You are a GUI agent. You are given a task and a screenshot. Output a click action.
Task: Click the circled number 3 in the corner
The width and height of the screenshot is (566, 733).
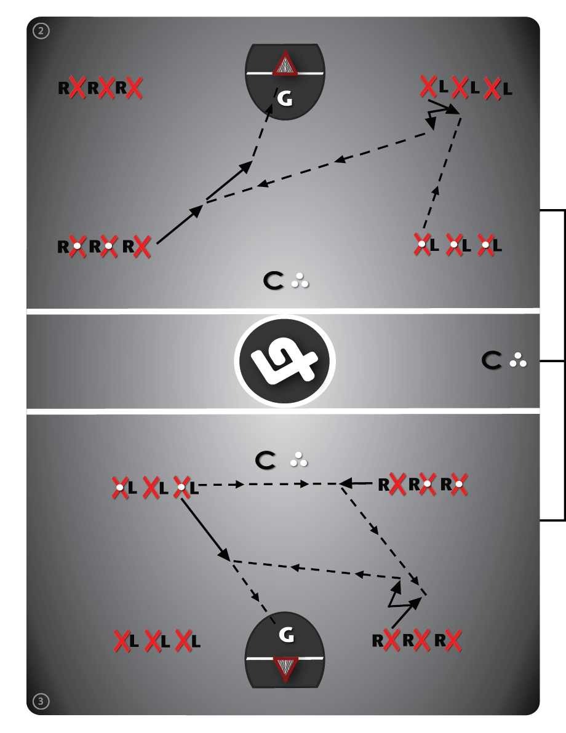click(41, 700)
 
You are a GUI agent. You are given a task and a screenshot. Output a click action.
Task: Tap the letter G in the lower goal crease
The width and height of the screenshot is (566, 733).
click(285, 635)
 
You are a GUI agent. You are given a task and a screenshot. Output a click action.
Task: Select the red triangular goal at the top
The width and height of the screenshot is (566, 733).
click(285, 65)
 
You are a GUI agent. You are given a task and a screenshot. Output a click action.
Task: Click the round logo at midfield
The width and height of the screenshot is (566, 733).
click(285, 362)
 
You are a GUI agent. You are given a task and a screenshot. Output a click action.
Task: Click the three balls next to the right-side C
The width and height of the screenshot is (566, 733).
click(519, 362)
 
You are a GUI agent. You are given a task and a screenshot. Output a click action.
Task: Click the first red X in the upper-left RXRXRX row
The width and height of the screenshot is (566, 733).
click(78, 88)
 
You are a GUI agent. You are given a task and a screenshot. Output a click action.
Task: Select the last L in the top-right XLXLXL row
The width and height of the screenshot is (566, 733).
click(507, 89)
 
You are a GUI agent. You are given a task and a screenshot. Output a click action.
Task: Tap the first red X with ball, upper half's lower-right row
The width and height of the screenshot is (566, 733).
click(421, 245)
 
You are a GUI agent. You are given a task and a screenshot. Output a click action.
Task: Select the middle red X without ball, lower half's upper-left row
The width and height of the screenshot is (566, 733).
click(151, 488)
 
